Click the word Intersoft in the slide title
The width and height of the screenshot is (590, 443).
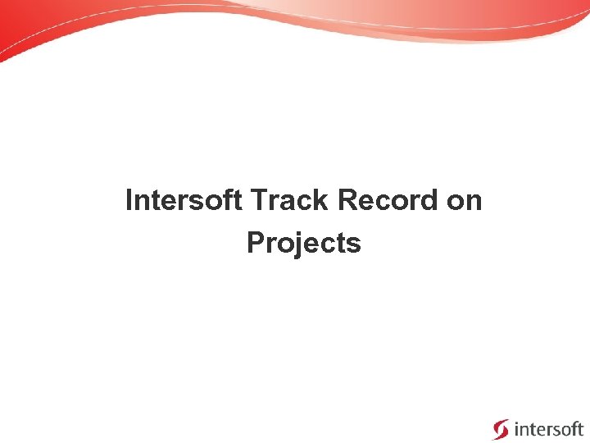coord(184,200)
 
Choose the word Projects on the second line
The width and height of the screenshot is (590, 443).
coord(303,244)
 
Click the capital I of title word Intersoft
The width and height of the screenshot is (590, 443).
coord(129,200)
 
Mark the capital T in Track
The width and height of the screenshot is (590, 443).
coord(260,200)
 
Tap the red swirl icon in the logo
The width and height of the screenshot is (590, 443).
coord(500,429)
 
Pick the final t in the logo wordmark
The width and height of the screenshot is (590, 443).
coord(580,428)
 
